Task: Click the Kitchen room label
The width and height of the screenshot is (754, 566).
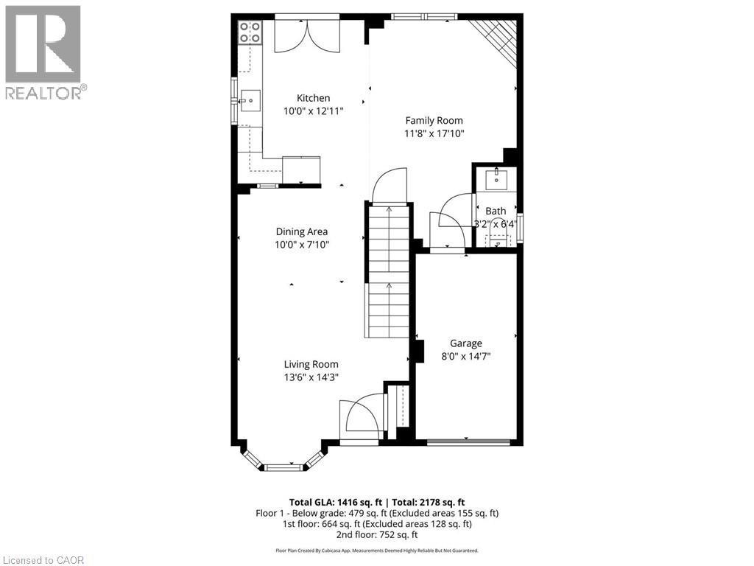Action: (x=313, y=98)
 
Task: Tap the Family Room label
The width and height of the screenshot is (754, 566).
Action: (x=434, y=120)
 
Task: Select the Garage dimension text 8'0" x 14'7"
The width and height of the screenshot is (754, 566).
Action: (x=466, y=356)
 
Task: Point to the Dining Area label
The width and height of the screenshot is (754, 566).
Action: (x=302, y=231)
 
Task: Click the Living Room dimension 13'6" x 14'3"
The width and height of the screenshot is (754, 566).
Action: (x=311, y=377)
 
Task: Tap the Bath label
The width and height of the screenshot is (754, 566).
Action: (x=496, y=211)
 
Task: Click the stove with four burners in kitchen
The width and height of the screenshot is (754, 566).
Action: (x=250, y=32)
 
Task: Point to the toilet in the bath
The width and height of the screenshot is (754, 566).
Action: (x=498, y=240)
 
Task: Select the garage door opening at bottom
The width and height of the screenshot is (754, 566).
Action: (x=468, y=442)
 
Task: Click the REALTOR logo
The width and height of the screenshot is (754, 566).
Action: (x=43, y=52)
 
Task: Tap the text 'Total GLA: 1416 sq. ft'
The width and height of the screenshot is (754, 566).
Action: (x=334, y=502)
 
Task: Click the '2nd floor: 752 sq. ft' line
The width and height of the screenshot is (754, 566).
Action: (x=377, y=535)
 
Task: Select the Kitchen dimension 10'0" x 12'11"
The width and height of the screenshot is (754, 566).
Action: (x=313, y=111)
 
